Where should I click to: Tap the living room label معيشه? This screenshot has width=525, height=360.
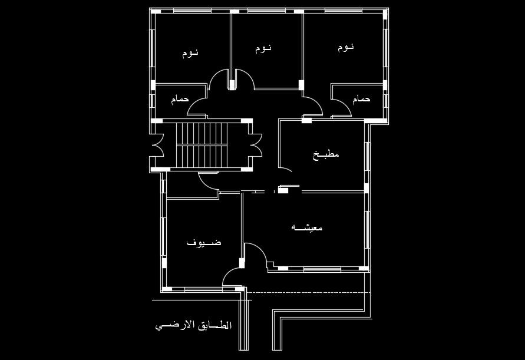pos(307,227)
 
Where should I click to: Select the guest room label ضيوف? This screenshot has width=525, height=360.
pos(204,242)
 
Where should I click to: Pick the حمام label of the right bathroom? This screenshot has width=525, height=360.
pos(361,99)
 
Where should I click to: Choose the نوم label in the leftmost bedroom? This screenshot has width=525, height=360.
pos(190,53)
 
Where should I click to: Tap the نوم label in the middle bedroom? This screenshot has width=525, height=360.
pos(263,48)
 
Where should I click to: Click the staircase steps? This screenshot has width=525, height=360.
pos(202,144)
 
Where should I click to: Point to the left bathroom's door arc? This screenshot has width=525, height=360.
pos(196,104)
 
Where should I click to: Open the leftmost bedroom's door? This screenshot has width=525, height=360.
pos(219,78)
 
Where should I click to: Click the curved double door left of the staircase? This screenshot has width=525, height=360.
pos(158,145)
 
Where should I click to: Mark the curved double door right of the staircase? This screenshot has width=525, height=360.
pos(256,145)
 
